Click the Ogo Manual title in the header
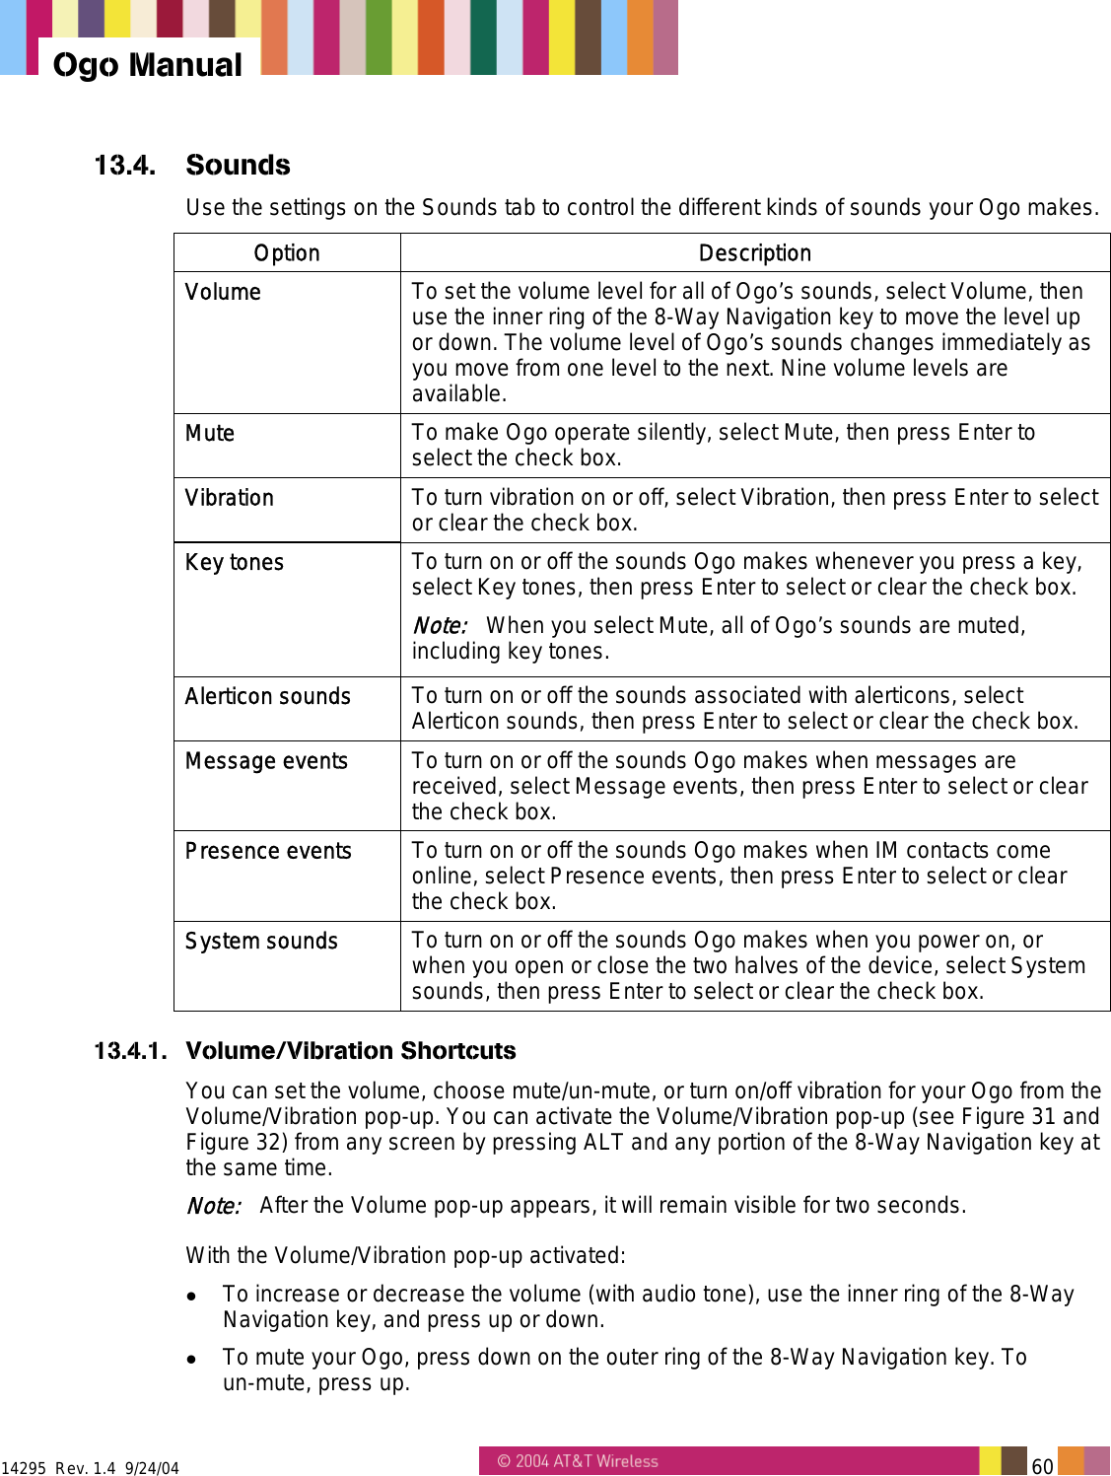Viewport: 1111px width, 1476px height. click(x=147, y=65)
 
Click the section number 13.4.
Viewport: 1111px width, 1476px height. click(x=124, y=165)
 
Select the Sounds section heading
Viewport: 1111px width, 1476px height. click(x=238, y=165)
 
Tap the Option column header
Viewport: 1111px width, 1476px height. click(x=287, y=253)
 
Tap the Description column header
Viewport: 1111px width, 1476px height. click(x=754, y=253)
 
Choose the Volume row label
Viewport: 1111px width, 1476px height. click(x=223, y=292)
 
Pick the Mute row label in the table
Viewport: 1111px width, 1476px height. click(x=210, y=433)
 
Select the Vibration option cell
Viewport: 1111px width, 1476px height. click(x=230, y=498)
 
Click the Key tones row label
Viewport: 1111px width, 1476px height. click(x=235, y=562)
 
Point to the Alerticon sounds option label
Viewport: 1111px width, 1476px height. click(x=268, y=696)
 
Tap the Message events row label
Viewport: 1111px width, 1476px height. click(x=266, y=761)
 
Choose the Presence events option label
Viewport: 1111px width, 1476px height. click(x=268, y=851)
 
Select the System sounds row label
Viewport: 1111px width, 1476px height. click(x=261, y=941)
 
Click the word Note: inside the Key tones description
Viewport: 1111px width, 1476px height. click(x=439, y=626)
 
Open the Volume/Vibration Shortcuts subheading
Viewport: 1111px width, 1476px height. click(x=350, y=1050)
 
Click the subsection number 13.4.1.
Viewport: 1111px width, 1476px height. click(x=129, y=1050)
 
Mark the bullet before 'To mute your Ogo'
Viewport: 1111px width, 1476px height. click(x=194, y=1359)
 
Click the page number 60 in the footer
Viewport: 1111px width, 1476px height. click(x=1042, y=1466)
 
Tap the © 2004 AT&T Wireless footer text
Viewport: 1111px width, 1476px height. click(x=578, y=1461)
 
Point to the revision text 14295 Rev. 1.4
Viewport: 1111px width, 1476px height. click(x=59, y=1468)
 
